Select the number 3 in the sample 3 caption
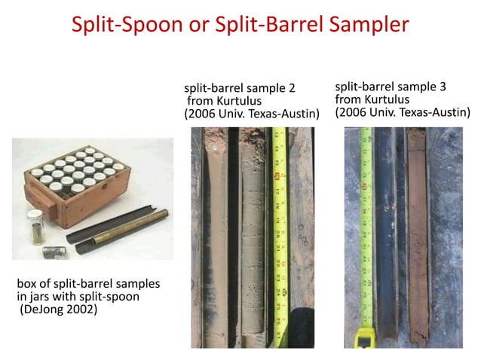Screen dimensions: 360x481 pyautogui.click(x=443, y=87)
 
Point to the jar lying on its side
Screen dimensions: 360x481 pyautogui.click(x=54, y=252)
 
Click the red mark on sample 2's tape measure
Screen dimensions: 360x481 pyautogui.click(x=277, y=177)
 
